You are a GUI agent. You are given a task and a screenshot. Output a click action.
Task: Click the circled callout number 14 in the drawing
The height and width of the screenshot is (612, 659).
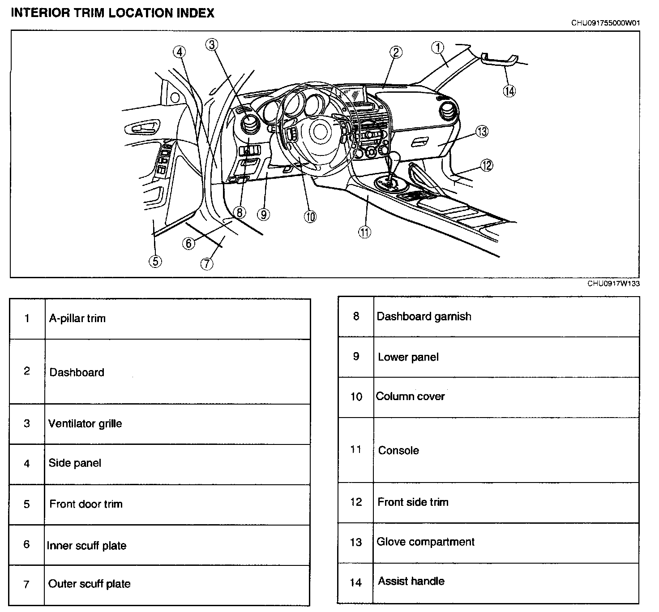tap(509, 91)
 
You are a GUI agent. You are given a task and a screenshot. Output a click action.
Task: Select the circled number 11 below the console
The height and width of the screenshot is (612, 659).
tap(364, 232)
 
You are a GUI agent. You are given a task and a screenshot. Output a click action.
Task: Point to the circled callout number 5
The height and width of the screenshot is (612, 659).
tap(155, 261)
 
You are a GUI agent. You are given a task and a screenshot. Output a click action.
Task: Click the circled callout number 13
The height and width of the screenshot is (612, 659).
tap(482, 131)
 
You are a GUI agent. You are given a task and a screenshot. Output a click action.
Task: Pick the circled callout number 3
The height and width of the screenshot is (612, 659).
tap(212, 44)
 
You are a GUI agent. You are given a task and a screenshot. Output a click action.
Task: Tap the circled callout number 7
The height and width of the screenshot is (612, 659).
tap(206, 263)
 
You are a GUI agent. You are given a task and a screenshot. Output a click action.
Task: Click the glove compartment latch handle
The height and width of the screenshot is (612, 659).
tap(419, 143)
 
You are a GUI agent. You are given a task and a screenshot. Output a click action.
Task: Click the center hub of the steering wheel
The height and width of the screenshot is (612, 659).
tap(320, 131)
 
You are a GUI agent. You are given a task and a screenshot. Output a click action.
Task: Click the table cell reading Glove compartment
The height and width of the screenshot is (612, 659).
tap(425, 542)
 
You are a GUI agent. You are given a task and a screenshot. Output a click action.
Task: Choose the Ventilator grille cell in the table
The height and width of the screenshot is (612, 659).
tap(85, 424)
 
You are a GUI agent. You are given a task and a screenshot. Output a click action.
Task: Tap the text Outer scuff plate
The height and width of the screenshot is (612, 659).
tap(90, 584)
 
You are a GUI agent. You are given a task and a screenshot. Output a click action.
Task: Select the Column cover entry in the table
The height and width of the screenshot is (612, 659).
tap(411, 397)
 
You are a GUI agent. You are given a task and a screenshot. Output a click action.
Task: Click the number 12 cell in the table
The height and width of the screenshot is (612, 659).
tap(356, 502)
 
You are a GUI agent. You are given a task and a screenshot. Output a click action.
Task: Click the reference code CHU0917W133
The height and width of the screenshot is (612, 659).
tap(613, 284)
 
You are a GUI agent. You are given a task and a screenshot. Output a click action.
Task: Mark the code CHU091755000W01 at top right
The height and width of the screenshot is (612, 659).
tap(605, 23)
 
